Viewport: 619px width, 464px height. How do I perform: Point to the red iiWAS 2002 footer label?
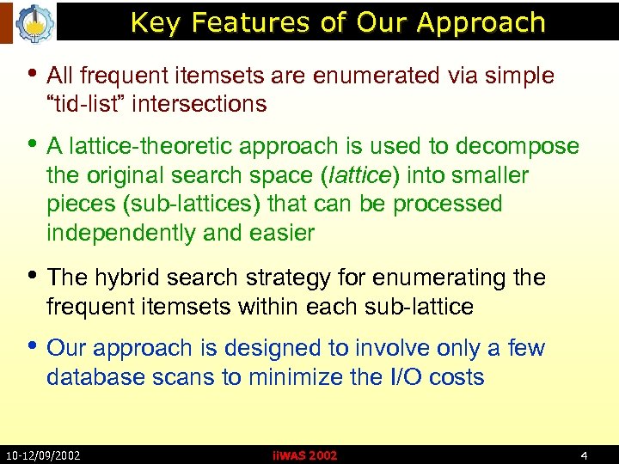[x=304, y=455]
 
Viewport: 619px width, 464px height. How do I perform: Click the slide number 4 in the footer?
[x=584, y=455]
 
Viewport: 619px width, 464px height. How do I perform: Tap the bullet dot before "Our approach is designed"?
[x=34, y=346]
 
